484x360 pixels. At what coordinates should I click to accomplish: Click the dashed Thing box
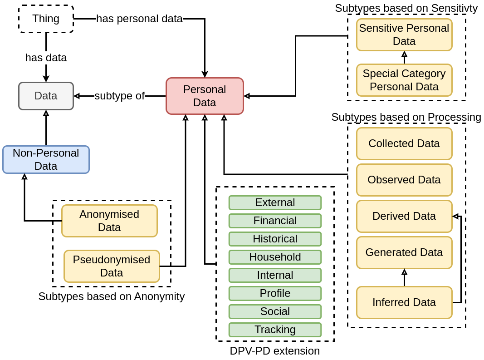click(x=46, y=19)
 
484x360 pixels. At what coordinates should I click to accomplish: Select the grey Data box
click(x=46, y=96)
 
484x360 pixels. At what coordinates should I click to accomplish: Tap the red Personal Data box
click(x=205, y=96)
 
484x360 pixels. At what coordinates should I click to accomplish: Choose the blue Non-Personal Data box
click(x=46, y=159)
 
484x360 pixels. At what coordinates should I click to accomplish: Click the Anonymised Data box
click(x=110, y=221)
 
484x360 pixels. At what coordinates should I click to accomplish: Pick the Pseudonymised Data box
click(x=112, y=266)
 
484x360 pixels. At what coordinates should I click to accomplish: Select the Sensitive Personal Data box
click(x=404, y=35)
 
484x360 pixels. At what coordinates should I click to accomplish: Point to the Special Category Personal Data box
click(x=404, y=80)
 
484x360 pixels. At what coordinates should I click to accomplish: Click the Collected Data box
click(x=404, y=144)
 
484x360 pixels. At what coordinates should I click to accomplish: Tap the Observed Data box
click(x=404, y=180)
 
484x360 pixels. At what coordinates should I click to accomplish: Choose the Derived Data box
click(x=404, y=216)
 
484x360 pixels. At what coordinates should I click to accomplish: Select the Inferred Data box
click(x=404, y=302)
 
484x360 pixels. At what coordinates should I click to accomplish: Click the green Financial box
click(x=275, y=221)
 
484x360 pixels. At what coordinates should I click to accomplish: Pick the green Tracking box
click(x=275, y=330)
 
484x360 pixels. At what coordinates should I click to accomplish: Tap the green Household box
click(x=275, y=257)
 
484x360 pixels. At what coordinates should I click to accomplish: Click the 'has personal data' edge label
click(x=140, y=19)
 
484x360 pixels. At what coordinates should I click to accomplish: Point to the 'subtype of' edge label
click(x=119, y=96)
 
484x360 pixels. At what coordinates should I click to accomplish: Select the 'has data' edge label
click(x=46, y=58)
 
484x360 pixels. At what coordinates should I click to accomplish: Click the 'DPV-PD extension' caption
click(x=275, y=351)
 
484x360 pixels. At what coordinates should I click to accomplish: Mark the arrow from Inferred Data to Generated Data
click(x=404, y=278)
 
